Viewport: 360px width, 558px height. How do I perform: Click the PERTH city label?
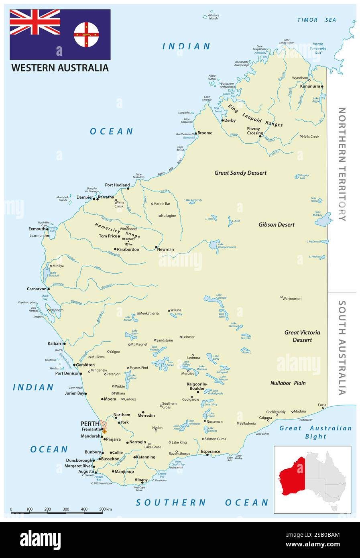[89, 424]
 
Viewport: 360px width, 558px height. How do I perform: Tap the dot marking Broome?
[196, 133]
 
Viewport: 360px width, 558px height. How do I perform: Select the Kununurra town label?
[310, 86]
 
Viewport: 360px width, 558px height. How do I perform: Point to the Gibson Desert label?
[277, 225]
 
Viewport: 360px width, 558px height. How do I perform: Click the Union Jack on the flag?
[35, 22]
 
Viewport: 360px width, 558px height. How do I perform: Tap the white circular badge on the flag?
[86, 35]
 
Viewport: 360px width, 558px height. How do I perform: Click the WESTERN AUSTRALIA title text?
[60, 68]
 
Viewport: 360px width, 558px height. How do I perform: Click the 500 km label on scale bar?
[106, 509]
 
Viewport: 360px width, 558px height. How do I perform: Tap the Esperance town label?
[210, 451]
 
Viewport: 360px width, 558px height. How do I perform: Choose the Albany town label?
[141, 480]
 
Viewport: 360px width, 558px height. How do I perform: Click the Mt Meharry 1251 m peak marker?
[128, 242]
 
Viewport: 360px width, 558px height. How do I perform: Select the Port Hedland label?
[117, 185]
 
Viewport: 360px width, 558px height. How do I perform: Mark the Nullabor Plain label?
[288, 383]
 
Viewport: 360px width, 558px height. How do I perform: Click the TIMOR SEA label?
[316, 20]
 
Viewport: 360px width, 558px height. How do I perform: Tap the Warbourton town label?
[292, 299]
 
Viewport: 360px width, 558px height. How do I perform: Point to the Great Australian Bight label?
[315, 432]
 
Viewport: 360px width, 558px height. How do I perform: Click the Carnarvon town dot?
[49, 289]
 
